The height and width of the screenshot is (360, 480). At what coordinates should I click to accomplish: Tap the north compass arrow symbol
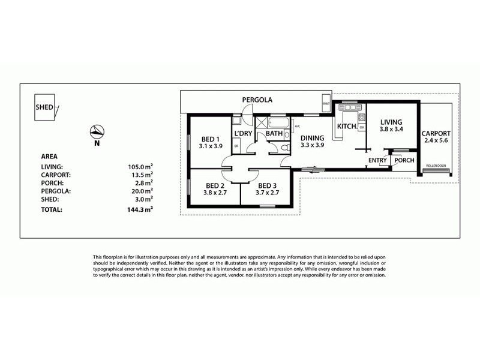(96, 131)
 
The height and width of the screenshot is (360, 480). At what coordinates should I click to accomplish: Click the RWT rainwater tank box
(326, 104)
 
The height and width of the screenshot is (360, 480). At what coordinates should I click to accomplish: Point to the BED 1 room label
(210, 140)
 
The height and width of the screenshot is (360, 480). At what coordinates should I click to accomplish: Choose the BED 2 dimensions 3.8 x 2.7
(214, 193)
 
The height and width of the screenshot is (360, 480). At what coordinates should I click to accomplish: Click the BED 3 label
(268, 185)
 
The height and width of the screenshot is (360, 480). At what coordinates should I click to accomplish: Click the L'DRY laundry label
(243, 133)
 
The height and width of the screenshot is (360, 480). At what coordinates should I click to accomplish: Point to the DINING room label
(312, 137)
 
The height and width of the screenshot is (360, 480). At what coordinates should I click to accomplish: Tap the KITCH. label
(347, 127)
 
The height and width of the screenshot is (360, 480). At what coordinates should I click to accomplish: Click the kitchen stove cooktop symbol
(362, 117)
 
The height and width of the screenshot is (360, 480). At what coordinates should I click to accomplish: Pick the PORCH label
(404, 160)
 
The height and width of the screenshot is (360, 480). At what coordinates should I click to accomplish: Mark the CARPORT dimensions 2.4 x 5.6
(436, 141)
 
